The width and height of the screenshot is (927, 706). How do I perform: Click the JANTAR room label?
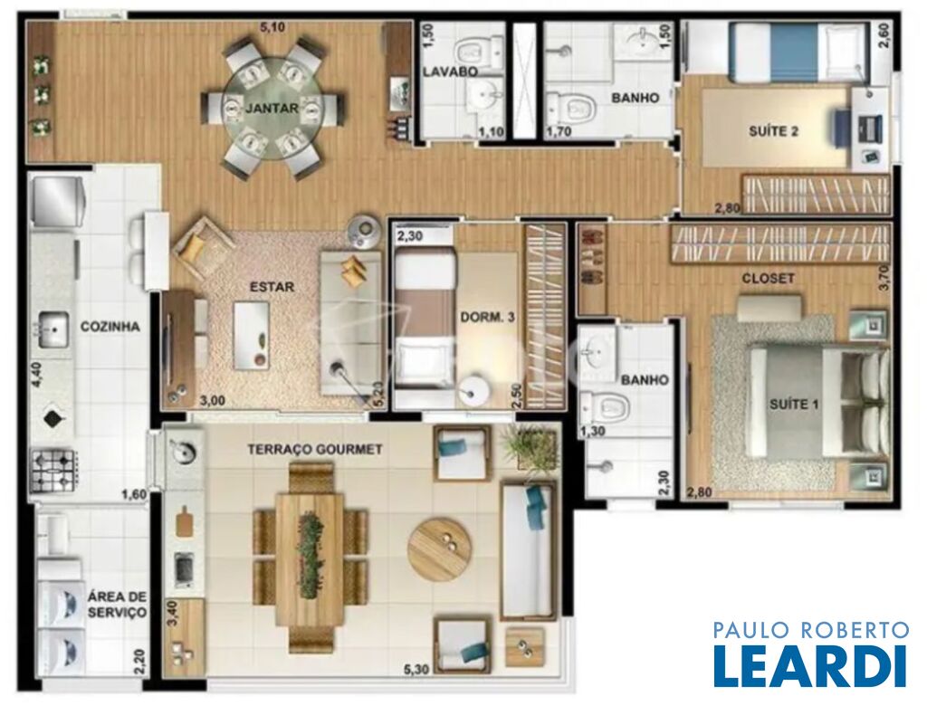click(x=272, y=109)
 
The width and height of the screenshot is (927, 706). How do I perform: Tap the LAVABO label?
click(x=451, y=72)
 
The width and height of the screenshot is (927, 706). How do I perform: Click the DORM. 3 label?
click(x=487, y=318)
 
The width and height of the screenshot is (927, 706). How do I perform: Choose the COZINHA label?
click(x=110, y=327)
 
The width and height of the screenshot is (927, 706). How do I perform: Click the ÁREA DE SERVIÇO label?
click(x=117, y=604)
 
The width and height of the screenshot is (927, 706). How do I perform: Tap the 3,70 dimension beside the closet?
click(x=885, y=277)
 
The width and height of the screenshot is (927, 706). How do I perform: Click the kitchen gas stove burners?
click(x=54, y=470)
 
